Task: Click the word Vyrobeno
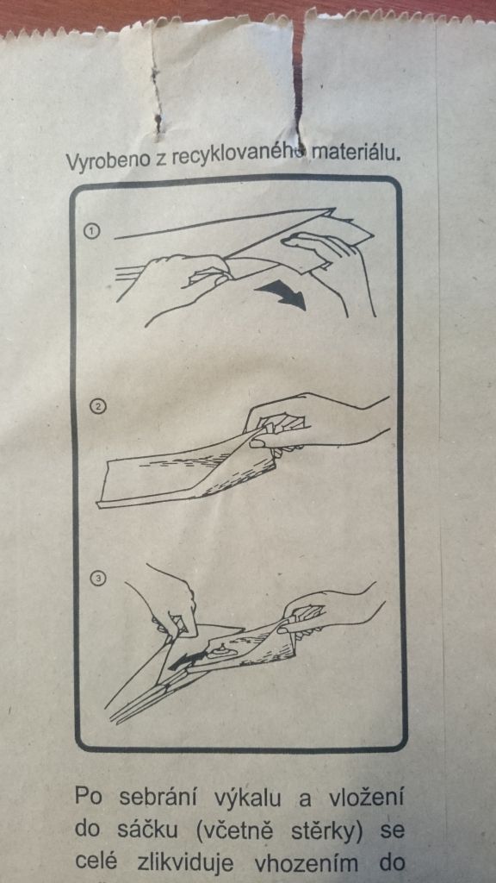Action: click(x=99, y=161)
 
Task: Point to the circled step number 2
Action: click(x=99, y=407)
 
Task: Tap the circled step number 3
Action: click(x=98, y=579)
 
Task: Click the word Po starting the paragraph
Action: click(x=89, y=799)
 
